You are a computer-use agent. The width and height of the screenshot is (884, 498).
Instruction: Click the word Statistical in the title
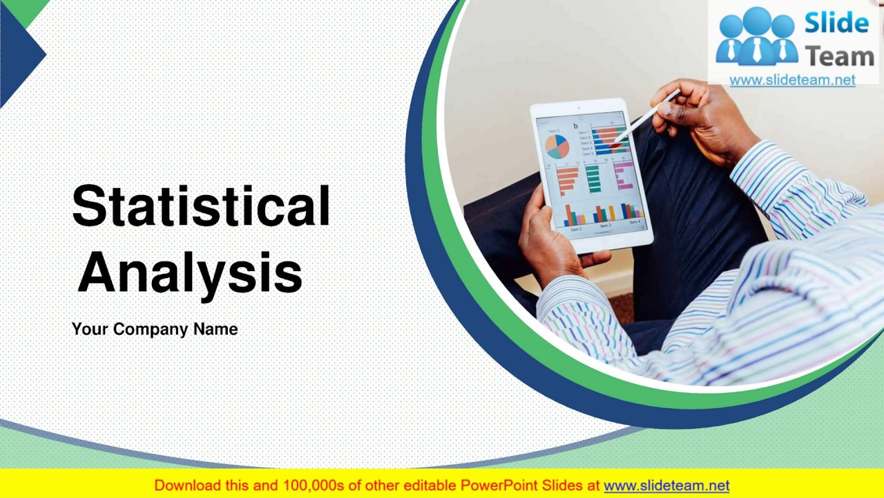coord(201,206)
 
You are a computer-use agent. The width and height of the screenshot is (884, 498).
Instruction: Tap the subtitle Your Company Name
coord(155,329)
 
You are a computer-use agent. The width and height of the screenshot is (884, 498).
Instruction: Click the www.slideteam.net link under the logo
coord(792,80)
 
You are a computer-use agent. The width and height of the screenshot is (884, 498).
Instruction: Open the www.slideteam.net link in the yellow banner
coord(666,486)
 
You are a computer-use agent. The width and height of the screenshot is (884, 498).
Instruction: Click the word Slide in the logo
coord(836,24)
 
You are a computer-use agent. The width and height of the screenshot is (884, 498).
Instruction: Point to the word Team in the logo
coord(840,55)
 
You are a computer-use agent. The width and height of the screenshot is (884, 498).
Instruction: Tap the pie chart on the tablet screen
coord(557,146)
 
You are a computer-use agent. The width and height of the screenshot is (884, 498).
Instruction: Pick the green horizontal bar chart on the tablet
coord(593,178)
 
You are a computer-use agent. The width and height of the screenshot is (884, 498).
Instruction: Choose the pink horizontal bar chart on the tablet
coord(623,175)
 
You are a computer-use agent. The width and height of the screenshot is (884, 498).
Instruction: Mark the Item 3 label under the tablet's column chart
coord(606,225)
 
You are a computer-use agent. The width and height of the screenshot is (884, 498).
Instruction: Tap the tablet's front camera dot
coord(578,109)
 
